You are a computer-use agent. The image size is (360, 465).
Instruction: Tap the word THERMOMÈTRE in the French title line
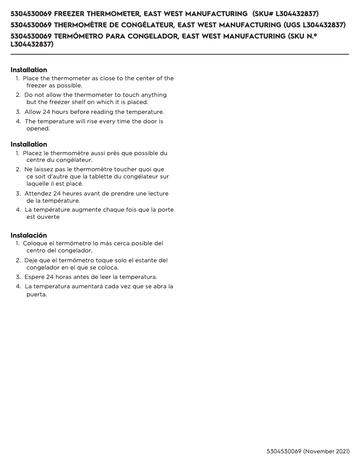click(x=80, y=25)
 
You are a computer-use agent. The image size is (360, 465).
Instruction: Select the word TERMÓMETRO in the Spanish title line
click(x=79, y=35)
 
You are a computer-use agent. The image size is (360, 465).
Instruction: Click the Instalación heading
click(x=29, y=235)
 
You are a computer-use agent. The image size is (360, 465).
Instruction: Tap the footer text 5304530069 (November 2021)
click(x=308, y=451)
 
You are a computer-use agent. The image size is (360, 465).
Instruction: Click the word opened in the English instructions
click(x=38, y=128)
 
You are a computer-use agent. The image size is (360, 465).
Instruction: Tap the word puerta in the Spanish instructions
click(x=36, y=295)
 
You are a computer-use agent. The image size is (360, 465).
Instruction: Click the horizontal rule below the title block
click(x=180, y=54)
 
